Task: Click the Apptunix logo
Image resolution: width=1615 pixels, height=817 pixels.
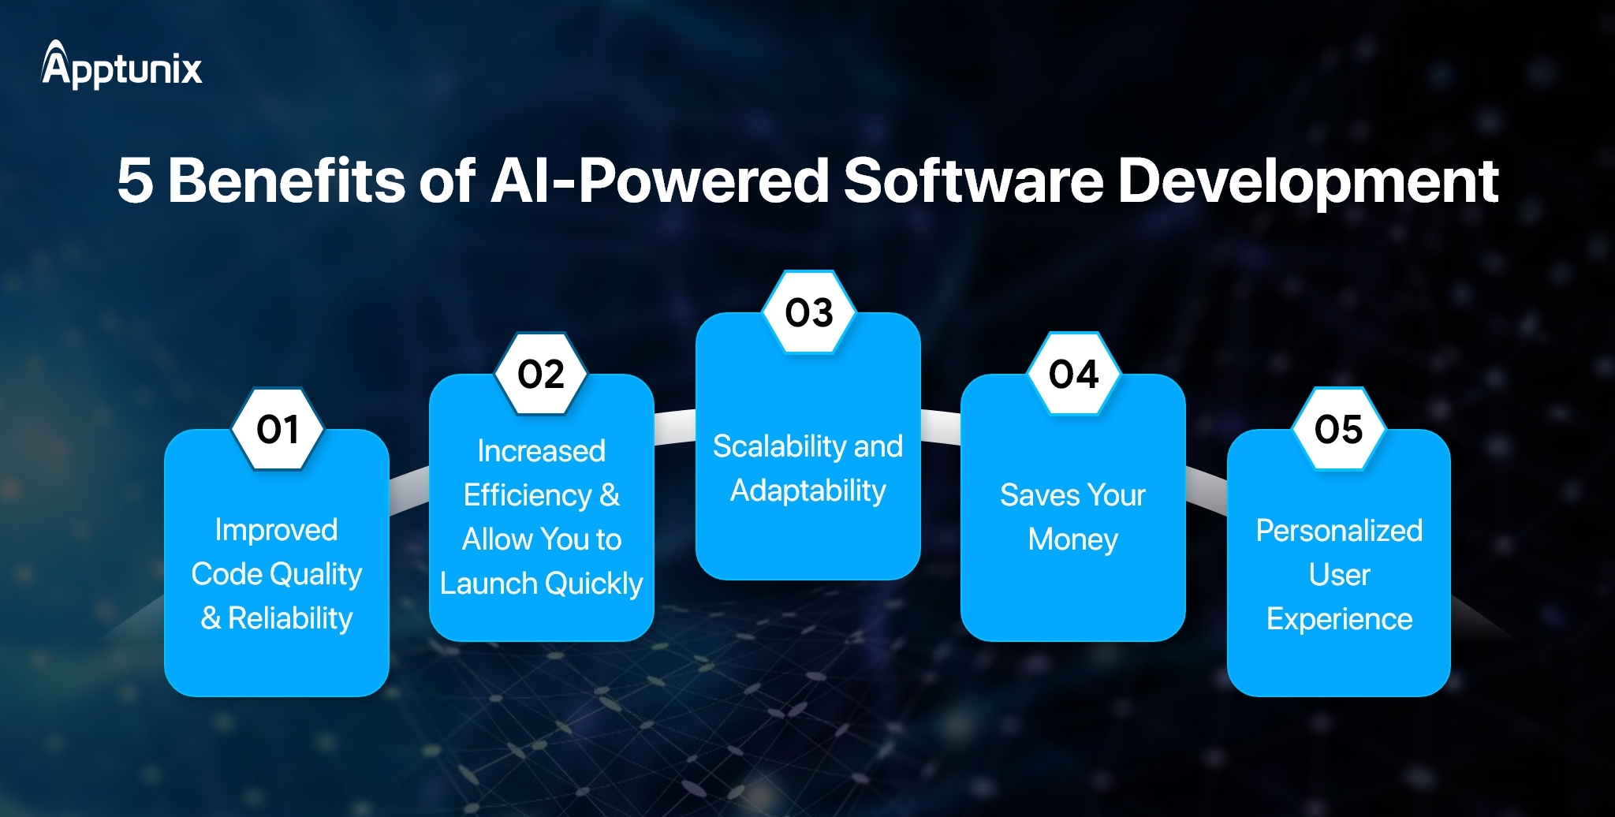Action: (x=122, y=65)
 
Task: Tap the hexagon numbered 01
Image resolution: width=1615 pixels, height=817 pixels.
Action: (x=278, y=429)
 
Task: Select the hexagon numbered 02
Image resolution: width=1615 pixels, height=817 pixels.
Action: (x=541, y=374)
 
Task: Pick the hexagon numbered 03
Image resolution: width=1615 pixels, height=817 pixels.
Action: (x=809, y=312)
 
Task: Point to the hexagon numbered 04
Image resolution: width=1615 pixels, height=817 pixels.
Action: (x=1073, y=374)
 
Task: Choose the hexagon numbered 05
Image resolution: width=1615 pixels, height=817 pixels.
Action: (x=1338, y=429)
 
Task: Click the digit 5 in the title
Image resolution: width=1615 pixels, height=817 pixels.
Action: (x=135, y=181)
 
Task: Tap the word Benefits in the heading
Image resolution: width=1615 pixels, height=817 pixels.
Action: (x=286, y=181)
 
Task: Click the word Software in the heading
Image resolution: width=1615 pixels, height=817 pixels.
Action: (x=973, y=181)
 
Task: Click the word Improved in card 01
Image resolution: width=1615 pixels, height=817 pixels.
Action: (x=276, y=530)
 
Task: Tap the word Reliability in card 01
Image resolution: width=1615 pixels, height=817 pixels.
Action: (x=290, y=618)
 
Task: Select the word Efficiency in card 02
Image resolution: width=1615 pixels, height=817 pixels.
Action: (x=527, y=495)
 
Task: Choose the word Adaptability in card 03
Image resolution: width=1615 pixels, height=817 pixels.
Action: (x=808, y=491)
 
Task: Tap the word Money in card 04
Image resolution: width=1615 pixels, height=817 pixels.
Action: (x=1072, y=539)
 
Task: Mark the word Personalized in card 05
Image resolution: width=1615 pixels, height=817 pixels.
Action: (x=1339, y=531)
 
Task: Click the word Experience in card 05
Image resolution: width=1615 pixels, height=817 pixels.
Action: (x=1339, y=619)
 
